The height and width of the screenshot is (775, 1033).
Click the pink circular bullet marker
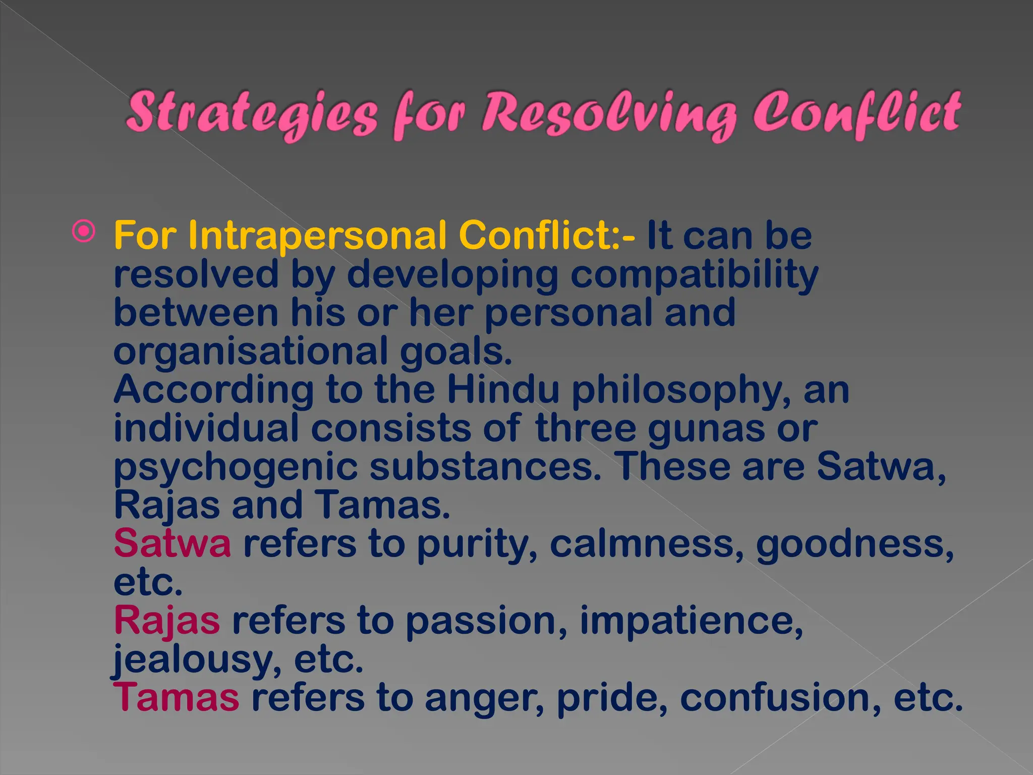pos(84,232)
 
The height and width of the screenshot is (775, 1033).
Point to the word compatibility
pos(694,275)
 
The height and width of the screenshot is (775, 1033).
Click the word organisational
pos(251,352)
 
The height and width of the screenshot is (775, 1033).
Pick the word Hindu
pos(503,390)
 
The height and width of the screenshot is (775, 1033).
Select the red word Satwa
pos(173,543)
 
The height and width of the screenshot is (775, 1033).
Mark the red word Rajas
pos(167,621)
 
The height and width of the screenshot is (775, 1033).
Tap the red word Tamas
pos(177,697)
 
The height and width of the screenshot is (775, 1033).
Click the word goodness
pos(854,544)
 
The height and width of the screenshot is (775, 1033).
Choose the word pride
pos(612,698)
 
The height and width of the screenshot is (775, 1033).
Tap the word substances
pos(485,467)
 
